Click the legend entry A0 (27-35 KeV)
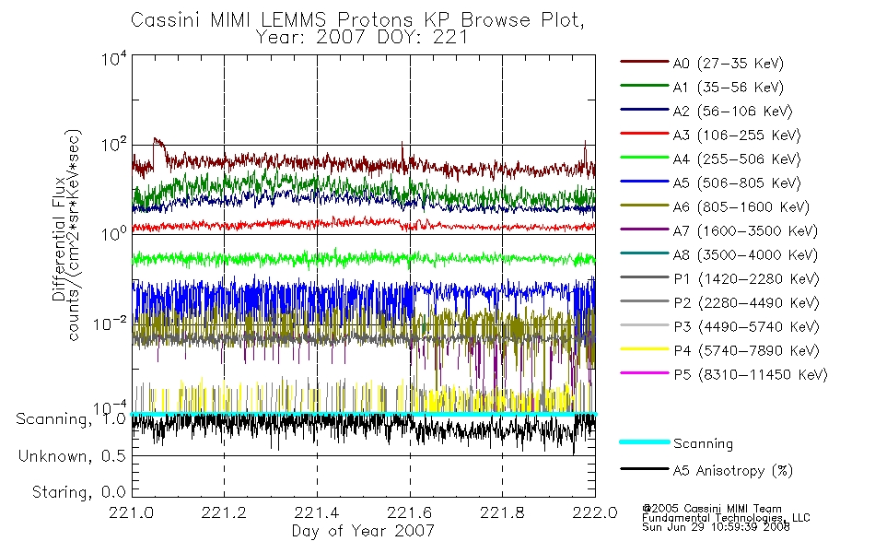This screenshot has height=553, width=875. tap(728, 63)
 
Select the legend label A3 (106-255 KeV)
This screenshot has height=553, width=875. tap(737, 135)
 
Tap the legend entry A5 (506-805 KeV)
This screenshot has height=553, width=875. tap(737, 183)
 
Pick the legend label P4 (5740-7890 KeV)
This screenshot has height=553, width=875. tap(746, 351)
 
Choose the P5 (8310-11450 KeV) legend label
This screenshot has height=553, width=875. tap(750, 375)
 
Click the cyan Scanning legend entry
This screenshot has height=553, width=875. tap(703, 443)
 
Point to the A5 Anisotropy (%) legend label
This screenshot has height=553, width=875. tap(733, 471)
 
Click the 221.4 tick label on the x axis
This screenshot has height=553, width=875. tap(317, 512)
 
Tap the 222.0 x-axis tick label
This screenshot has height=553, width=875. tap(595, 512)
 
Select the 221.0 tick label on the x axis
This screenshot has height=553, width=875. tap(132, 512)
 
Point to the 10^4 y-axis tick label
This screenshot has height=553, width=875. tap(114, 58)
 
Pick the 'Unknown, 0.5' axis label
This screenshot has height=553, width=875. tap(72, 456)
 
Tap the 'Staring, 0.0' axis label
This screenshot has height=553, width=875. tap(78, 492)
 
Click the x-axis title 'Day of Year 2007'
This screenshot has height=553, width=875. tap(363, 531)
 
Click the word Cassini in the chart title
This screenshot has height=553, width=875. tap(166, 20)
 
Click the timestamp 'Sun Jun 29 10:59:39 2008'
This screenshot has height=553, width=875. tap(716, 527)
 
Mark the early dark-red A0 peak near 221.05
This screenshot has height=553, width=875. tap(156, 140)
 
